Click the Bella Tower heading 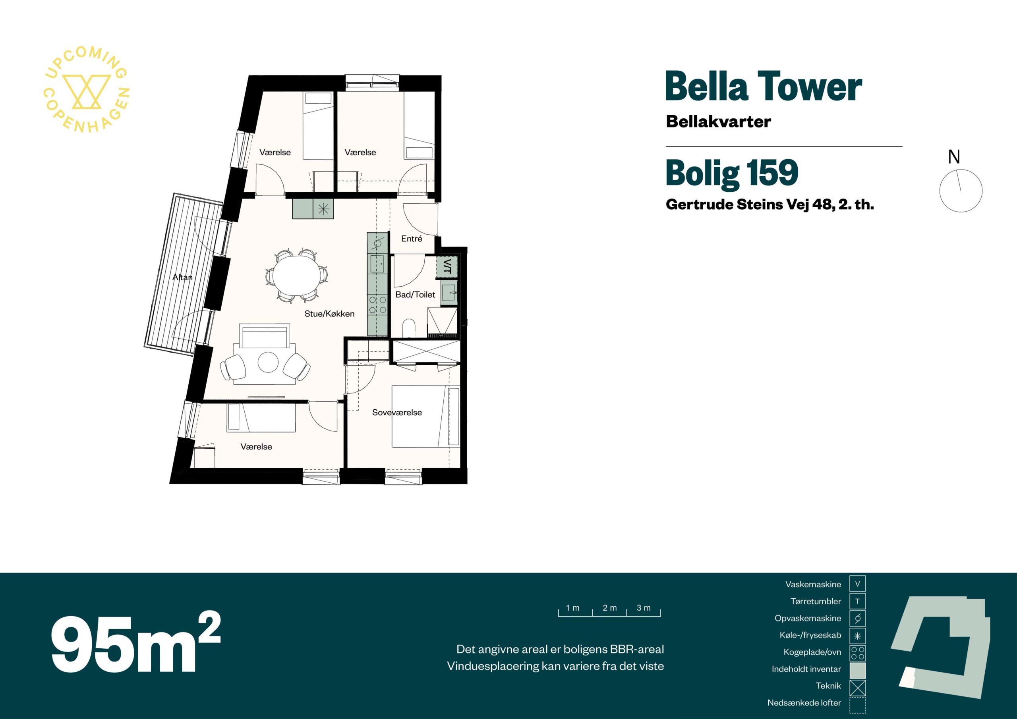click(x=764, y=87)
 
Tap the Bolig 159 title click(x=732, y=173)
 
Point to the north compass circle click(x=961, y=191)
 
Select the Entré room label click(x=412, y=239)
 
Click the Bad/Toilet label click(x=415, y=295)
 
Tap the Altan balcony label click(x=182, y=277)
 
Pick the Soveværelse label click(x=397, y=413)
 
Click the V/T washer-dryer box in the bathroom click(x=447, y=267)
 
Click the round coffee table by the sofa click(x=268, y=362)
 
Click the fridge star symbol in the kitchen click(x=323, y=209)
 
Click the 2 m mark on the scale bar click(x=609, y=608)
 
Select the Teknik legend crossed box click(x=858, y=688)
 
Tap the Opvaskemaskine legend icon click(x=858, y=618)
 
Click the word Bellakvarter click(x=719, y=121)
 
